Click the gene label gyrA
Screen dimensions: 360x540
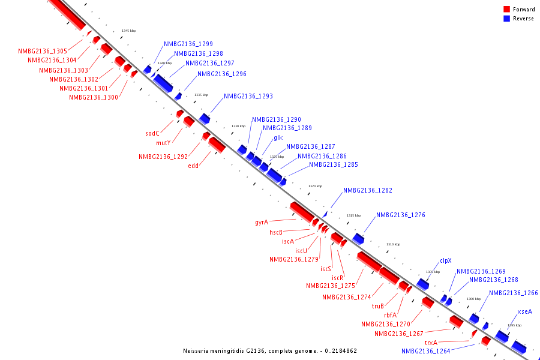click(x=261, y=222)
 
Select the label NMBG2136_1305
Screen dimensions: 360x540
click(x=43, y=52)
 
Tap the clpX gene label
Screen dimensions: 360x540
click(x=445, y=260)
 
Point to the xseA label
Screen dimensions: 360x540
click(x=524, y=311)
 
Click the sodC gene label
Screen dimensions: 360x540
click(x=152, y=133)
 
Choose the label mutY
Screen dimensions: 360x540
click(x=163, y=143)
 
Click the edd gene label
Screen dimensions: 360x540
click(x=193, y=166)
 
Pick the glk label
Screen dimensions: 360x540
click(x=278, y=137)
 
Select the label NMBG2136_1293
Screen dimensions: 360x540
click(x=248, y=96)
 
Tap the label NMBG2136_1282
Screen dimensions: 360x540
click(x=368, y=190)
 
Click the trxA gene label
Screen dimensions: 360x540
click(x=431, y=343)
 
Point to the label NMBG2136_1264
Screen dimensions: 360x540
click(x=426, y=352)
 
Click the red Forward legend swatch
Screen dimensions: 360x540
click(x=506, y=10)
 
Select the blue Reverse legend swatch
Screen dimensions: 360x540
click(x=506, y=19)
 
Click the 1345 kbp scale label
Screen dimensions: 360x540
click(x=128, y=31)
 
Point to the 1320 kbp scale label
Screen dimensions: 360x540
click(x=315, y=186)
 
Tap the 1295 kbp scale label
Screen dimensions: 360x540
click(x=514, y=325)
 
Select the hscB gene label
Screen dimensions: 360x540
click(x=276, y=232)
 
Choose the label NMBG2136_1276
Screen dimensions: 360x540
click(x=401, y=215)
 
